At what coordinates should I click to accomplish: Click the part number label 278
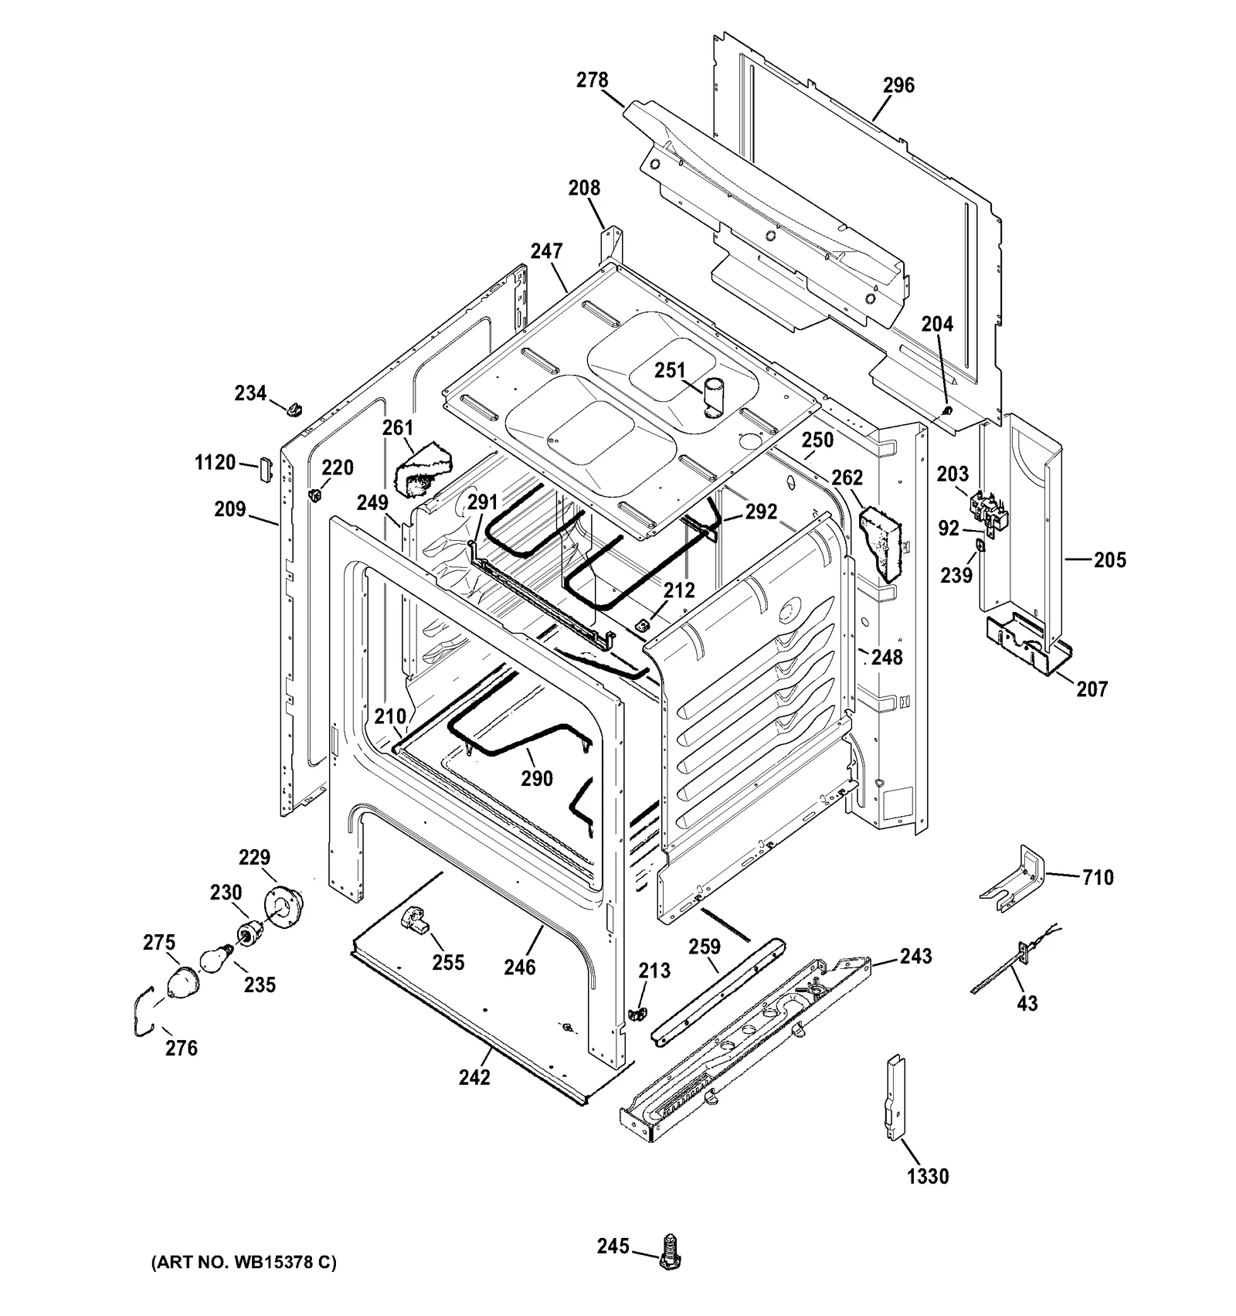(593, 80)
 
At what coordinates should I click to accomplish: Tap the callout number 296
(898, 85)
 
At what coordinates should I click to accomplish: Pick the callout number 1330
(927, 1176)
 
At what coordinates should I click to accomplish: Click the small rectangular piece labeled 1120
(266, 468)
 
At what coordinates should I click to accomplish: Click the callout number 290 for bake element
(536, 778)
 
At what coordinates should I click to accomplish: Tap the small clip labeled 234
(294, 407)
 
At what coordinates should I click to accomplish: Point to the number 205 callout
(1109, 559)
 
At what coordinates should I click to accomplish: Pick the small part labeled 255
(416, 921)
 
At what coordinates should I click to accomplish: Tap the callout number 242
(474, 1076)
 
